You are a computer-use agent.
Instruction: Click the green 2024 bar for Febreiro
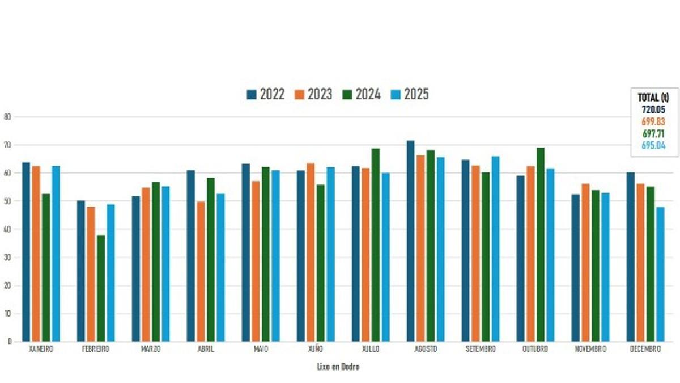pyautogui.click(x=101, y=288)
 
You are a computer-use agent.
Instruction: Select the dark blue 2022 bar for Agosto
pyautogui.click(x=410, y=241)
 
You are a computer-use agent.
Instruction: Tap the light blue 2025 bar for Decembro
pyautogui.click(x=661, y=274)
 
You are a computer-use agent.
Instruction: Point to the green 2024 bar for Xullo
pyautogui.click(x=375, y=245)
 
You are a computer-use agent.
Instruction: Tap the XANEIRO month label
pyautogui.click(x=41, y=350)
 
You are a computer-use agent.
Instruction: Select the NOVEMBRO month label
pyautogui.click(x=589, y=350)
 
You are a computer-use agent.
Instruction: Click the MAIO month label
pyautogui.click(x=260, y=350)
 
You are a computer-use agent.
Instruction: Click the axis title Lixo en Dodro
pyautogui.click(x=338, y=367)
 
